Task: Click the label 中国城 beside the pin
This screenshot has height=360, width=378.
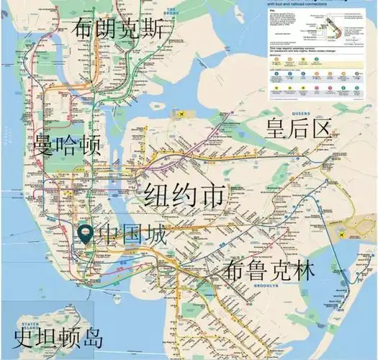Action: coord(132,235)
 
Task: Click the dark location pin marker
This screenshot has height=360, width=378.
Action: coord(86,233)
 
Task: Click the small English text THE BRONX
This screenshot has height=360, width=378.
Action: coord(171,9)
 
